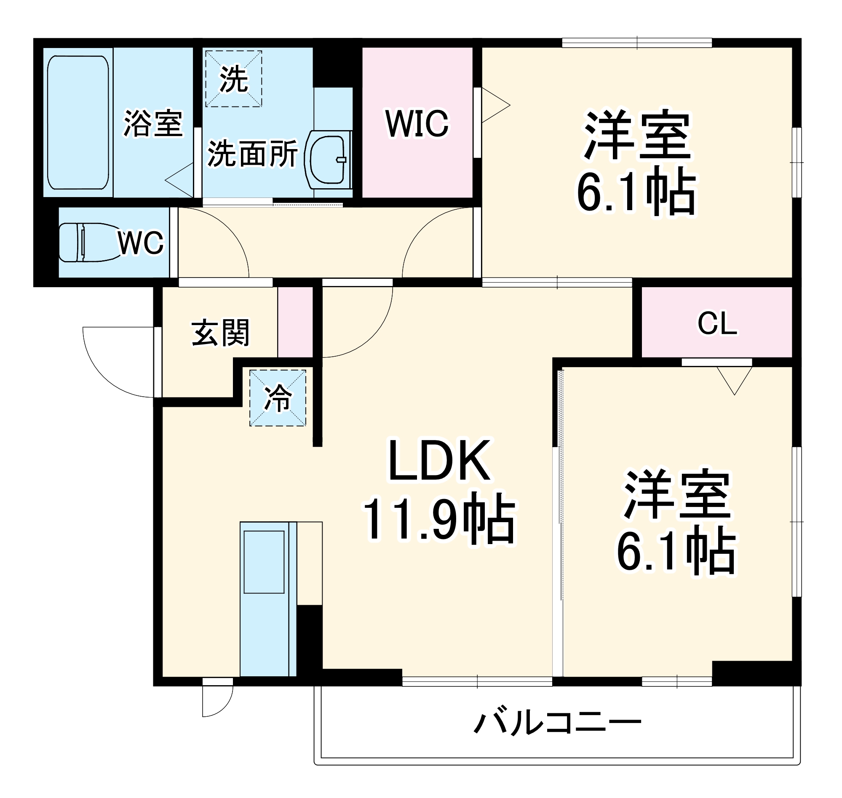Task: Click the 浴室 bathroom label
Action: [x=153, y=124]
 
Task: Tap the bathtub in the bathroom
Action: [x=78, y=123]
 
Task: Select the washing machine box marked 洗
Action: [x=234, y=79]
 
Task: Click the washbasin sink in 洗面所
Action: [x=328, y=160]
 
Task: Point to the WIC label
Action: [x=417, y=124]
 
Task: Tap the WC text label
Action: [x=140, y=243]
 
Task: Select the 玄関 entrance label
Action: [x=220, y=333]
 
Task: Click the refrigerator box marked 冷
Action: [x=278, y=398]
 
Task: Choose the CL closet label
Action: [x=717, y=324]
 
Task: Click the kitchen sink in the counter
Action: [x=264, y=561]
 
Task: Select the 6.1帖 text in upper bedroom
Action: [x=636, y=191]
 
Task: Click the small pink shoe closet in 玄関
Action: [x=295, y=322]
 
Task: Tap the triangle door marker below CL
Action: [x=734, y=379]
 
